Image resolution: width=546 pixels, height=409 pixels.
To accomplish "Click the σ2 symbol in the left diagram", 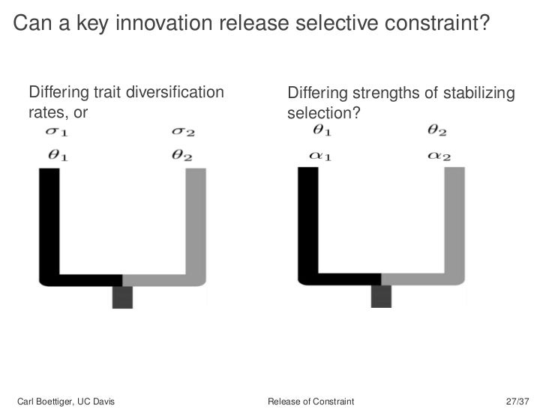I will coord(183,133).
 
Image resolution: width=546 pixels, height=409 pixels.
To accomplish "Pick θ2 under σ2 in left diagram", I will coord(183,157).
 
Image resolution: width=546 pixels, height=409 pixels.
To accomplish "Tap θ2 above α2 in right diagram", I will coord(437,130).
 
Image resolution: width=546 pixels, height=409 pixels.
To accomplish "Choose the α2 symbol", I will coord(438,157).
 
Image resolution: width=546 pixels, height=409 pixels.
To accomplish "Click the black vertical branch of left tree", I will coord(49,225).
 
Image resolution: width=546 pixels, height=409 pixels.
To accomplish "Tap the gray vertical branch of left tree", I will coord(195,225).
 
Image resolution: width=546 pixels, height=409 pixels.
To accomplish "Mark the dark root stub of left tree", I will coord(122,297).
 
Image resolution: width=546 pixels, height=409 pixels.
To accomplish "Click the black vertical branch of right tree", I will coord(308,225).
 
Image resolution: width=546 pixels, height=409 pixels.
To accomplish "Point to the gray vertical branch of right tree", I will coord(455,225).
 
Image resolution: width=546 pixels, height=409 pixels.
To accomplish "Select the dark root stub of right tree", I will coord(382,296).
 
